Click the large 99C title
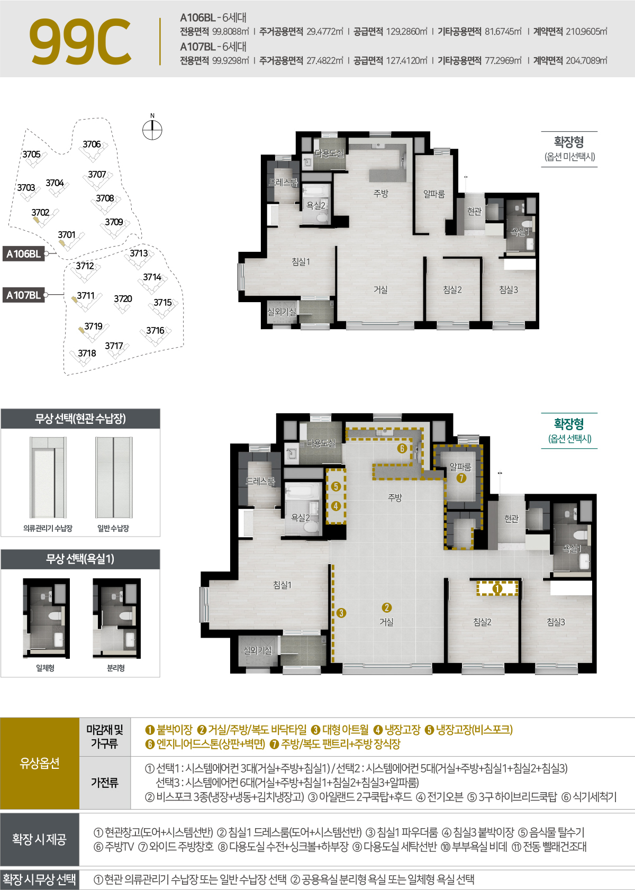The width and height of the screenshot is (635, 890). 80,41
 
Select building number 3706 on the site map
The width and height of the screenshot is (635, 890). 92,144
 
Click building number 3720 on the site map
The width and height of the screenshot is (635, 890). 123,299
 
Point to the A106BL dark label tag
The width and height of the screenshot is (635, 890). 23,253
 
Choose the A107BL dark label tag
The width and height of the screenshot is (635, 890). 23,295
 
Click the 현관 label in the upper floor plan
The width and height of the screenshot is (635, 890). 474,211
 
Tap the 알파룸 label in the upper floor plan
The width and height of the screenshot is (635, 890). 433,194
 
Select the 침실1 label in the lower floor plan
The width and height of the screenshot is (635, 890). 282,585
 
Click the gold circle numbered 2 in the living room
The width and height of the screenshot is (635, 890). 387,607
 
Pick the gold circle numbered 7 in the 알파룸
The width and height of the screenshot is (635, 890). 461,478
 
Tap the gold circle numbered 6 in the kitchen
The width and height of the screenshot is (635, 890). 402,449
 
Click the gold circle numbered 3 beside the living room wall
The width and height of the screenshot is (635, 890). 341,613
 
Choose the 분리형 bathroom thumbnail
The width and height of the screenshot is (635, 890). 116,618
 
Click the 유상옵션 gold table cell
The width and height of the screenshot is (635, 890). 40,763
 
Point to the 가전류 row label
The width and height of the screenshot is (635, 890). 104,783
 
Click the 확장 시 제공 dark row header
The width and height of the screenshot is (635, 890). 40,839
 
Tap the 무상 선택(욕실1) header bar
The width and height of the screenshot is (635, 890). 80,559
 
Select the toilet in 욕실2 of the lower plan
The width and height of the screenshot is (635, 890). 311,526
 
